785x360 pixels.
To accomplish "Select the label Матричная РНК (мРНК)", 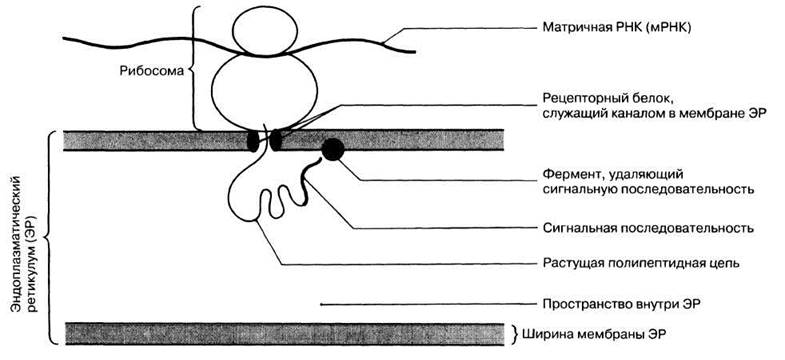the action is tap(617, 28).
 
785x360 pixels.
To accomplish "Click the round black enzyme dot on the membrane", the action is tap(332, 149).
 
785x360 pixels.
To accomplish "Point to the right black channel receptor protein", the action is tap(276, 140).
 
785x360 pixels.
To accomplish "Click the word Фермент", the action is tap(568, 176).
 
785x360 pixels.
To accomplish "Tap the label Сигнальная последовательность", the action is tap(648, 229).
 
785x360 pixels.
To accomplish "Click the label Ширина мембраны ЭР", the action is tap(594, 333).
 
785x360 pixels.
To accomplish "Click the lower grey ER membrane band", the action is tap(284, 333).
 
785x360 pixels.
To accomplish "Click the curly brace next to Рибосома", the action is tap(194, 69).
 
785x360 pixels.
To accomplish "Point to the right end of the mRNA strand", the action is tap(415, 52).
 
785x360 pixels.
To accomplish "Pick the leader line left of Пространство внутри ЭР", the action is tap(428, 304).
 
